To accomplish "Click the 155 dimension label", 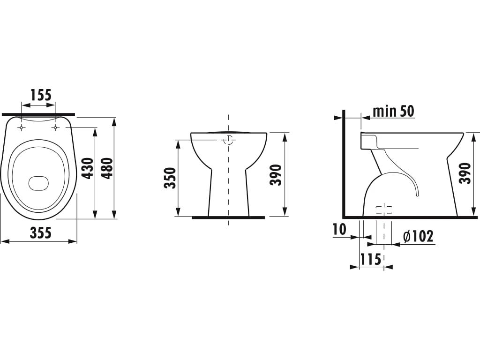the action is tap(41, 95).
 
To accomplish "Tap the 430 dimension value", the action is tap(88, 168).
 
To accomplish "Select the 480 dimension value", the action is tap(107, 168).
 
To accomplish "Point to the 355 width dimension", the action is tap(40, 233).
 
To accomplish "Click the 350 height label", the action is tap(170, 178).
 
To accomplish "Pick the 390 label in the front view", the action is tap(276, 175).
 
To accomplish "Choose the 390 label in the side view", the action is tap(465, 173).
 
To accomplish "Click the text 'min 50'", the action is tap(393, 111).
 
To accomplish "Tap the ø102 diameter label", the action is tap(419, 236).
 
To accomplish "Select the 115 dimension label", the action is tap(370, 259).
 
